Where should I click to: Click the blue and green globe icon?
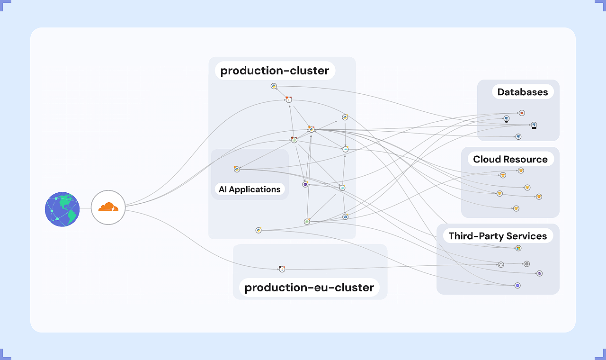coord(62,209)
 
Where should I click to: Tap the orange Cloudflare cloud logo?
coord(108,207)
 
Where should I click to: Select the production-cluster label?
coord(275,71)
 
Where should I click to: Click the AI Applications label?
coord(250,189)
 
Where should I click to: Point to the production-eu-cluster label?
coord(309,287)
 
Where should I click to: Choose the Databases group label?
coord(522,92)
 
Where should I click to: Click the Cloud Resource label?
coord(510,159)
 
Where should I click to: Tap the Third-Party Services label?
coord(498,236)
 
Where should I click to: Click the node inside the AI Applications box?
coord(237,169)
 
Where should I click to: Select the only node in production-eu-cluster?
coord(282,269)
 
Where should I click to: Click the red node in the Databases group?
coord(522,113)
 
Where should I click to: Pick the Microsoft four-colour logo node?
coord(518,248)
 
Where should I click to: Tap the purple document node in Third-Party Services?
coord(539,273)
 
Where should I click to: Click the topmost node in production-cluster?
coord(274,86)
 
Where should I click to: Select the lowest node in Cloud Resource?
coord(516,208)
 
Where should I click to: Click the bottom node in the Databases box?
coord(518,137)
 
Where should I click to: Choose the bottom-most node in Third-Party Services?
coord(517,286)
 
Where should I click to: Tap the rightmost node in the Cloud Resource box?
coord(538,197)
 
